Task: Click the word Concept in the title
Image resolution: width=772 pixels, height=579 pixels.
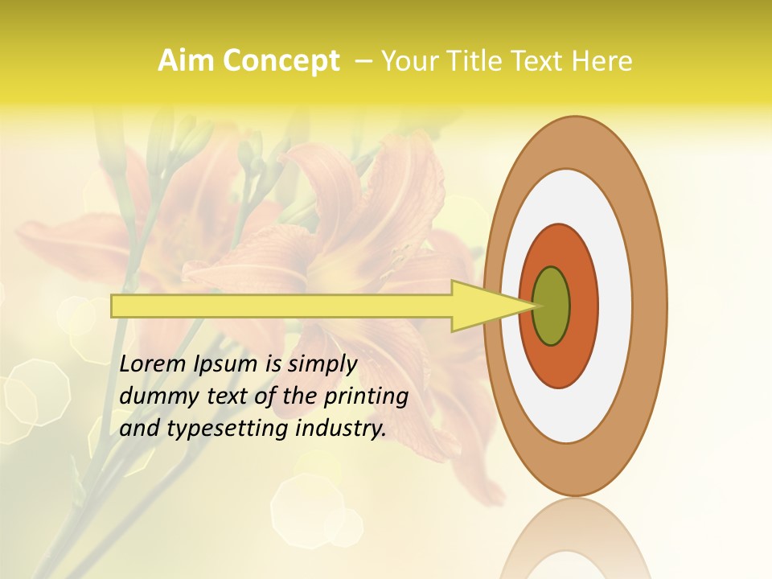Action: tap(280, 61)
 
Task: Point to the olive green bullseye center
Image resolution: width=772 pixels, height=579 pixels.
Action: tap(552, 306)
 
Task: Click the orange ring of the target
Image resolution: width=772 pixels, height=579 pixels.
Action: tap(583, 306)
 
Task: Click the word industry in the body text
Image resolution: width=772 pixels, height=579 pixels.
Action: tap(341, 429)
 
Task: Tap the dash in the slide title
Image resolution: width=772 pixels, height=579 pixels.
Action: tap(363, 61)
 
